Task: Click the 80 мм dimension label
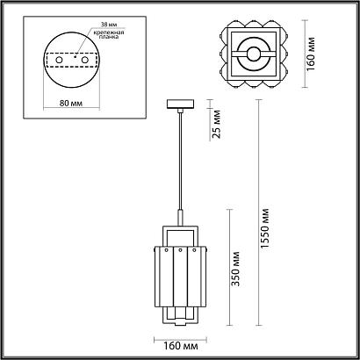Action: point(71,104)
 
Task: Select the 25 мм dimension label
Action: point(216,124)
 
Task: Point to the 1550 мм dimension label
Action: point(264,228)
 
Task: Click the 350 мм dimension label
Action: point(235,269)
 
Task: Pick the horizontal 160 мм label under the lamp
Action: point(180,346)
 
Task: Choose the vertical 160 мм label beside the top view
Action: point(311,54)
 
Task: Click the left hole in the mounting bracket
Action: point(59,60)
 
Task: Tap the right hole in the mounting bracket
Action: point(85,60)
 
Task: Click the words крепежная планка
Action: point(109,34)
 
